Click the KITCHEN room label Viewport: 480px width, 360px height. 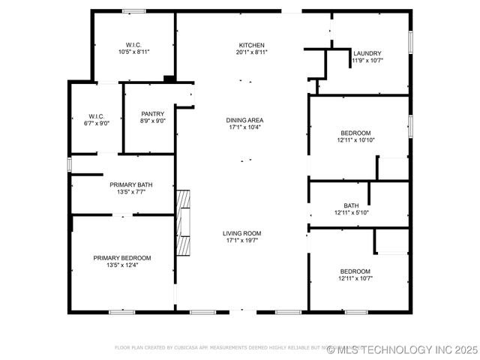click(251, 46)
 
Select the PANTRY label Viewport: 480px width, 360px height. click(152, 114)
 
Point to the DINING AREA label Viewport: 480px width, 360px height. click(244, 120)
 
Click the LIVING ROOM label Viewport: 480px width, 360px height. click(241, 233)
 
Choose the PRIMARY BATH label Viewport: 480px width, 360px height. click(131, 184)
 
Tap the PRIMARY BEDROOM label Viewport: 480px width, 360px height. click(121, 257)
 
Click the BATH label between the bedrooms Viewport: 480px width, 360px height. click(351, 205)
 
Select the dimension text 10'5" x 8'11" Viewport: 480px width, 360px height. click(133, 52)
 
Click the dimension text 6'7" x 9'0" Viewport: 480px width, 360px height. click(96, 123)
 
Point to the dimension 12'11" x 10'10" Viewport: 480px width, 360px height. click(355, 139)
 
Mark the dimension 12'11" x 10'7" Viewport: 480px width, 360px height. click(355, 278)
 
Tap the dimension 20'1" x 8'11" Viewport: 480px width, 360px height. click(251, 52)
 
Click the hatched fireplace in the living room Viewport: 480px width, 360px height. click(183, 223)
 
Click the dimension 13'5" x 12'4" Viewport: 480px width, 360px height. click(121, 264)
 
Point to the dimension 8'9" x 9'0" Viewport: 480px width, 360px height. click(152, 121)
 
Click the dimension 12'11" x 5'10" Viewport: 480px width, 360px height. click(351, 212)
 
